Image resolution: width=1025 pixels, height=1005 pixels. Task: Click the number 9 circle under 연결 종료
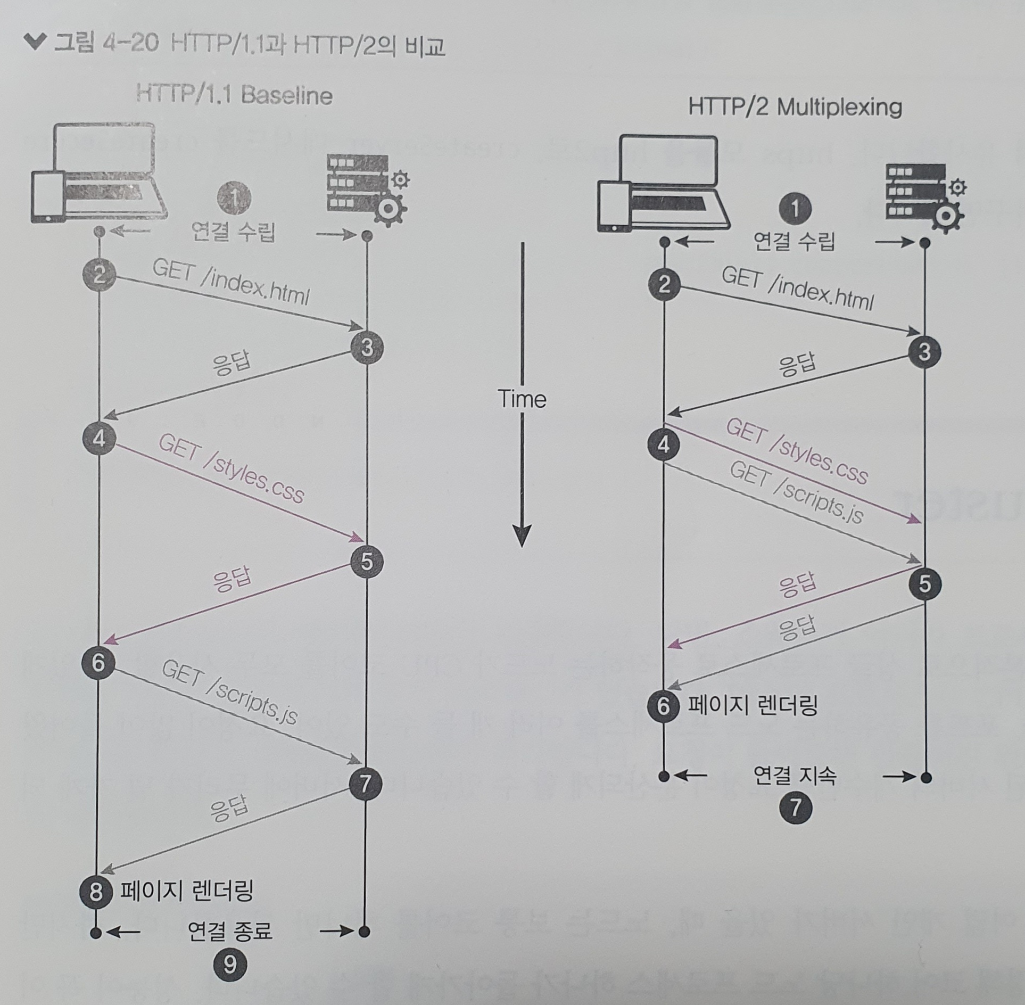click(x=230, y=964)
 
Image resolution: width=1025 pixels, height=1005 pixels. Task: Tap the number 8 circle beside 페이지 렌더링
click(x=96, y=891)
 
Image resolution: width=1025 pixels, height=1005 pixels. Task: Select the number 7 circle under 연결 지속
click(x=795, y=808)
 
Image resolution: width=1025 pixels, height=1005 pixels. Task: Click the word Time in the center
click(x=522, y=399)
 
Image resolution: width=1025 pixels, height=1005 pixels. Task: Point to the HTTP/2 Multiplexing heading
click(x=795, y=107)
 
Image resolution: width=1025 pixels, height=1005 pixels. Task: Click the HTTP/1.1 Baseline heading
click(x=234, y=96)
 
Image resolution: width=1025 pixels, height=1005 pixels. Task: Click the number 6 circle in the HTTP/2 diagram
click(x=663, y=706)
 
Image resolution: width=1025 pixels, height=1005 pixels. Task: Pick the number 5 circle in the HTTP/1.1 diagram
click(x=367, y=562)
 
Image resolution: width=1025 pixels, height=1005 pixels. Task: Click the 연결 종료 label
click(x=230, y=930)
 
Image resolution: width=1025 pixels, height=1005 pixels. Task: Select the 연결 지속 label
click(x=795, y=776)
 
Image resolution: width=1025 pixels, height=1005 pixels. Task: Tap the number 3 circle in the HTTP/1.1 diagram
click(x=367, y=348)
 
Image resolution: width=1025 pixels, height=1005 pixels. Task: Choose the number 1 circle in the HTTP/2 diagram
click(x=795, y=208)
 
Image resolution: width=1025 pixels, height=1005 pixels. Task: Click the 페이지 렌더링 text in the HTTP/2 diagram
click(x=753, y=706)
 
